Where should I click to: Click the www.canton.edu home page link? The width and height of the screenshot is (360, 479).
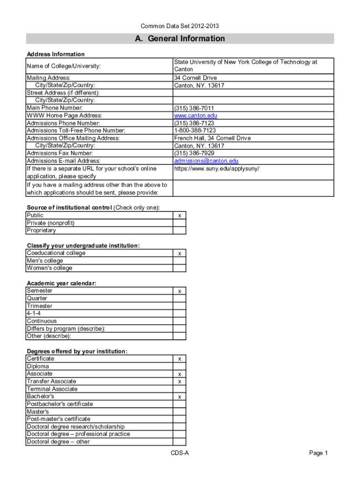(x=195, y=116)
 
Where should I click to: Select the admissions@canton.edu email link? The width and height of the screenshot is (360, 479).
(x=206, y=161)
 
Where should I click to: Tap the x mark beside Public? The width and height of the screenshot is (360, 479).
(x=180, y=216)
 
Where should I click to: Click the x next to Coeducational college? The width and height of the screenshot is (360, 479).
(x=180, y=254)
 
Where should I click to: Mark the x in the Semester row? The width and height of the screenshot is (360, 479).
(x=180, y=291)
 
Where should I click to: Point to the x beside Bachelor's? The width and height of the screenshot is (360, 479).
(x=180, y=397)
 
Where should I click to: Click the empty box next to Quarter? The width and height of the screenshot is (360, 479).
(x=180, y=298)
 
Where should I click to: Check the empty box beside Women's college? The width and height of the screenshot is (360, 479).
(x=180, y=269)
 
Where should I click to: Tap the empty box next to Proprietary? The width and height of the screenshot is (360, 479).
(x=180, y=231)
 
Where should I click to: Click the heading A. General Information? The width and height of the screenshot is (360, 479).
(x=180, y=39)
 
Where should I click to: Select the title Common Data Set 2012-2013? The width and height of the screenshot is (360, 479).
(x=180, y=26)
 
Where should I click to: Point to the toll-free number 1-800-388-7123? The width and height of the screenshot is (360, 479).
(x=195, y=131)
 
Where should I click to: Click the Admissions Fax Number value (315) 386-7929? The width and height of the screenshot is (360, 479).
(x=194, y=153)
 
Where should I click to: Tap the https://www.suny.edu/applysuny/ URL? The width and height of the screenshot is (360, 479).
(x=216, y=168)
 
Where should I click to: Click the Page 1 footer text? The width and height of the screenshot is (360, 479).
(x=319, y=453)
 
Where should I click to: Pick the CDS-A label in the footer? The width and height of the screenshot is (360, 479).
(x=180, y=453)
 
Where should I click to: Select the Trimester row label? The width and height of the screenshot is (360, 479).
(x=40, y=306)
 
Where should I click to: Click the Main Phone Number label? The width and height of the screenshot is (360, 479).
(x=55, y=108)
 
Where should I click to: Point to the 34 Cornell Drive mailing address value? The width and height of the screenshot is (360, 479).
(x=195, y=78)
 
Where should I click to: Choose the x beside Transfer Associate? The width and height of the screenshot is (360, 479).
(x=180, y=382)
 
